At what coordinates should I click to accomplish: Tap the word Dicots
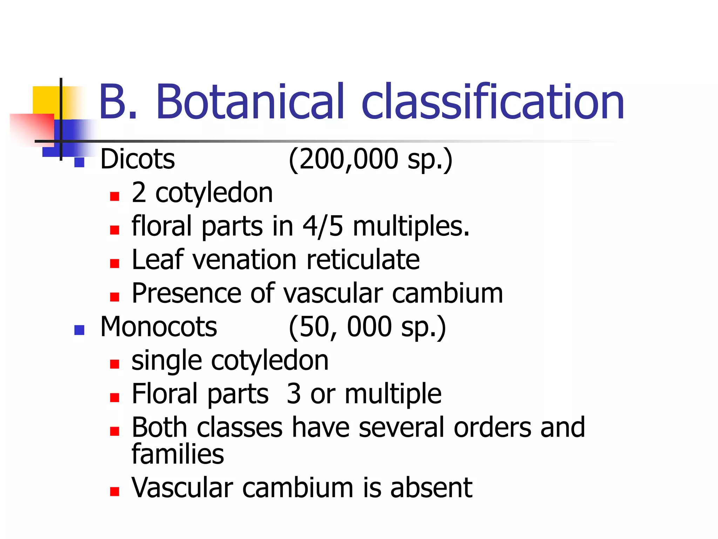coord(137,159)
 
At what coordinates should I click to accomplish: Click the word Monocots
coord(158,327)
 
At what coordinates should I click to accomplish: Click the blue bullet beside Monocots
coord(80,330)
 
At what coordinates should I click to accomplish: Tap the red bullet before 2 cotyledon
coord(115,196)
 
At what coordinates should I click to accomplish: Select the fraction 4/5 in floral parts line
coord(323,226)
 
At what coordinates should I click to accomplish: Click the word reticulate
coord(363,260)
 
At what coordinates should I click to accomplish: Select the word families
coord(177,454)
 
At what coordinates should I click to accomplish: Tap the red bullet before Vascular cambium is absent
coord(115,491)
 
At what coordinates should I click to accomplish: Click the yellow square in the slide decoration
coord(46,100)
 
